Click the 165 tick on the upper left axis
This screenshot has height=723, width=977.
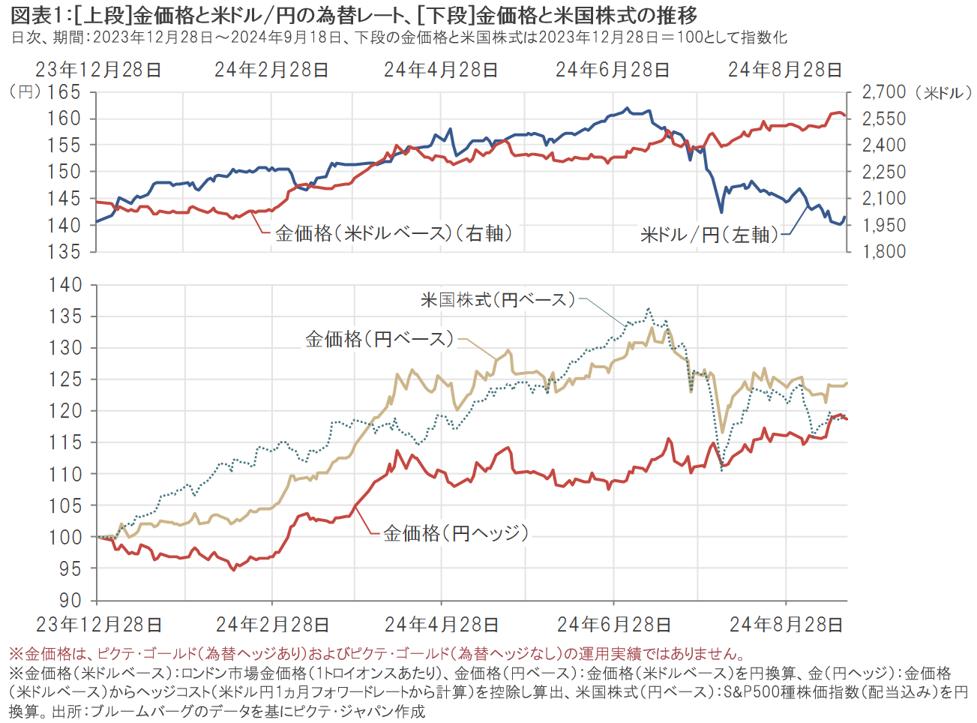(64, 92)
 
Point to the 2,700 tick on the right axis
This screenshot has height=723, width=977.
(884, 92)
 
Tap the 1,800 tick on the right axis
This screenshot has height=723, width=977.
(884, 252)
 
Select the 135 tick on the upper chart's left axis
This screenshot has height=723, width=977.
(64, 252)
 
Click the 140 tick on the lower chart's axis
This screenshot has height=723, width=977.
(65, 285)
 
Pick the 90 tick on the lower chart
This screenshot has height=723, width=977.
(70, 601)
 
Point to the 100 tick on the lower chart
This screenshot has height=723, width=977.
(65, 537)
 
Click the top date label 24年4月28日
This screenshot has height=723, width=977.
(441, 70)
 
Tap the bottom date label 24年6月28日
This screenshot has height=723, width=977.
(613, 625)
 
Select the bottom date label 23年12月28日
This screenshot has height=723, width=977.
(98, 625)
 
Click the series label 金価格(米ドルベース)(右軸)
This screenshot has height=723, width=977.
(394, 233)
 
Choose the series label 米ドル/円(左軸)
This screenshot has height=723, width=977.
(709, 235)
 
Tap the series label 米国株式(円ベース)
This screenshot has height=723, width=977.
(498, 300)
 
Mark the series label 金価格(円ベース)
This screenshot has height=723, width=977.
(379, 339)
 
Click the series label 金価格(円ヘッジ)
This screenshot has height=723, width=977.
(456, 533)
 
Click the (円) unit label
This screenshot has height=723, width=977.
(25, 92)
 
